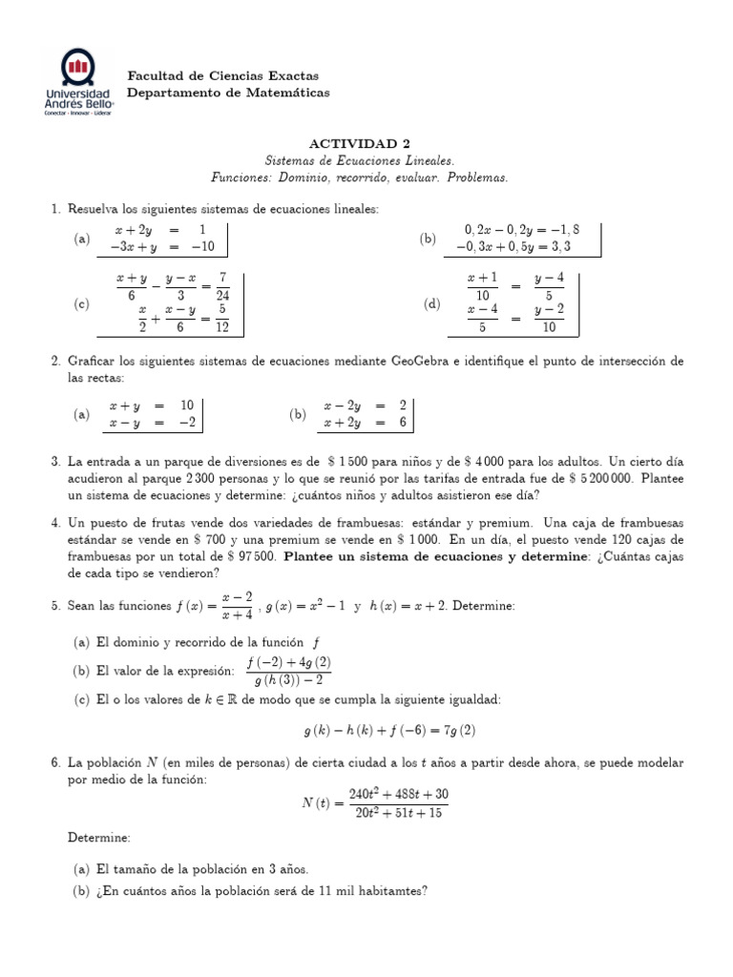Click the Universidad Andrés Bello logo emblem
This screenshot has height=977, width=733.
coord(77,68)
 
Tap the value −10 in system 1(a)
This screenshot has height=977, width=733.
coord(202,246)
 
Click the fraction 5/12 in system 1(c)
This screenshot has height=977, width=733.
coord(221,320)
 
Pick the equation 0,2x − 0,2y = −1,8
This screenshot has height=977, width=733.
coord(521,229)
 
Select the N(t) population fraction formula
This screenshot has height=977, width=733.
coord(374,803)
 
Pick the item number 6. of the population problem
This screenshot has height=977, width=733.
coord(55,763)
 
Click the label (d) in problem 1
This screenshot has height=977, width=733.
coord(431,303)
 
